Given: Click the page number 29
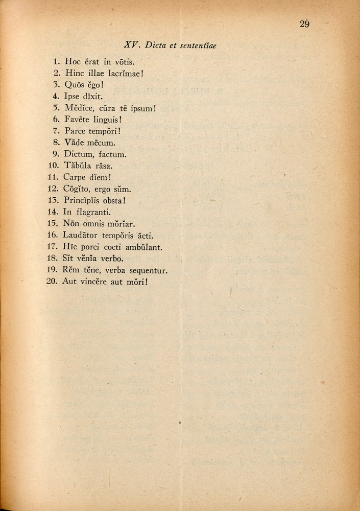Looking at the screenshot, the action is coord(304,24).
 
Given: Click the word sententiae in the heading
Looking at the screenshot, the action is coord(198,45).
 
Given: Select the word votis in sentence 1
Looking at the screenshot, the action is coord(124,62).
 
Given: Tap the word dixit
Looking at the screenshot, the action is coord(92,96).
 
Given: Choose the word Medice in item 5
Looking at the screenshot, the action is coord(77,108).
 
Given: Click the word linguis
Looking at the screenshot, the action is coord(107,120).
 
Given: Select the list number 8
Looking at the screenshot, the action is coord(57,143).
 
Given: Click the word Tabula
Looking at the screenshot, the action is coord(77,166).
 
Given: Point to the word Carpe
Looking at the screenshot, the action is coord(74,178).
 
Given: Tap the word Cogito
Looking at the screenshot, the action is coord(77,189).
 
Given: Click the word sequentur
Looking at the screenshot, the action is coord(148,270).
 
